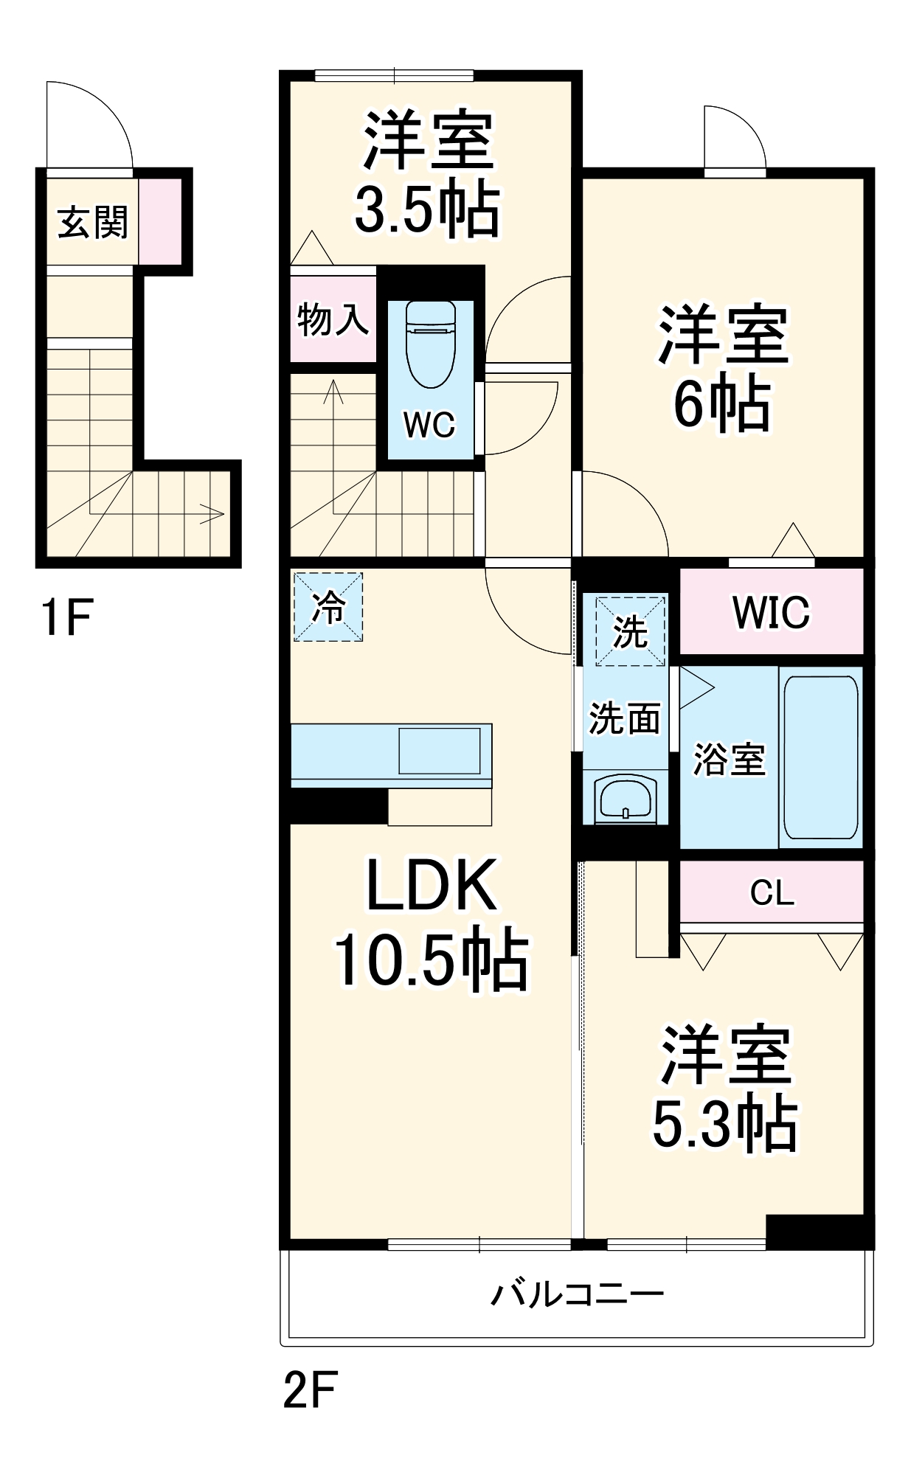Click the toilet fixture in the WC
pos(431,344)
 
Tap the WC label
pos(429,425)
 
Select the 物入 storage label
pos(333,319)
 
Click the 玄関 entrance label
pos(93,222)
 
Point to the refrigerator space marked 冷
pos(328,607)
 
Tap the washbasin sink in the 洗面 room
pos(626,799)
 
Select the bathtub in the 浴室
pos(820,757)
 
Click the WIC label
pos(771,611)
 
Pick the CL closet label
pos(772,893)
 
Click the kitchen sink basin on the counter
pos(440,750)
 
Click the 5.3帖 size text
pos(724,1125)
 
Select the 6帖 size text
pos(722,404)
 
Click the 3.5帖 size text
pos(427,209)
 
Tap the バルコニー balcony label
pos(578,1294)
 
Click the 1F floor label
pos(66,617)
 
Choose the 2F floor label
pos(310,1390)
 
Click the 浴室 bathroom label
pos(729,759)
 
